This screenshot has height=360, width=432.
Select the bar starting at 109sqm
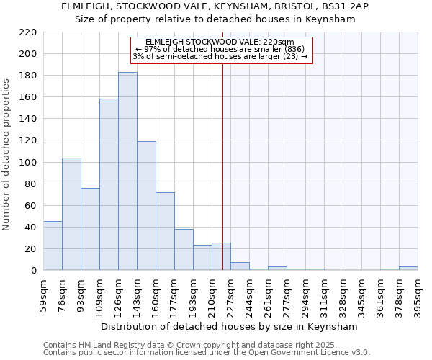pyautogui.click(x=109, y=184)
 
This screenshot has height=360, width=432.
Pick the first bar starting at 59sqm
pyautogui.click(x=53, y=246)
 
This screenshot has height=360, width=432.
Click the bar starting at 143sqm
pyautogui.click(x=146, y=206)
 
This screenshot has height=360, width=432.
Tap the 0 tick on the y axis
pyautogui.click(x=33, y=271)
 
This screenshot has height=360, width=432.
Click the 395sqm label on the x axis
pyautogui.click(x=418, y=294)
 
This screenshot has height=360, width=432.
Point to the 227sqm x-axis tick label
pyautogui.click(x=231, y=294)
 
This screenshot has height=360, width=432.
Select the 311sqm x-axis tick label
pyautogui.click(x=325, y=294)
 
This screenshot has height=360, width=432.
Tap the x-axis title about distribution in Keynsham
pyautogui.click(x=229, y=326)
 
